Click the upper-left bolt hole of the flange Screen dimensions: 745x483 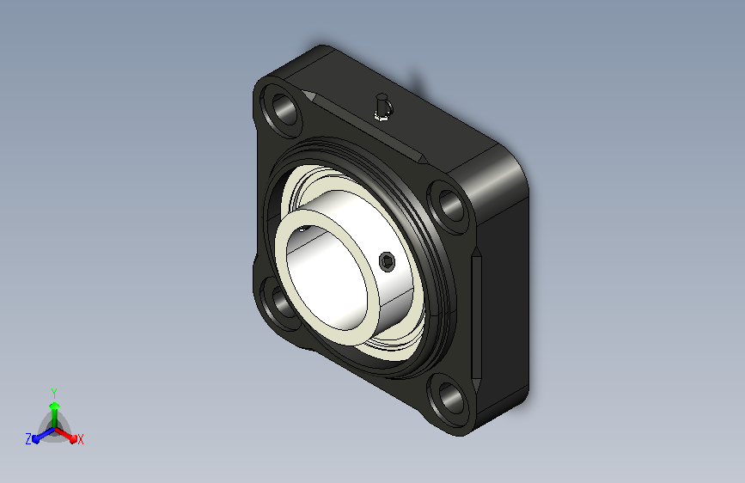point(284,109)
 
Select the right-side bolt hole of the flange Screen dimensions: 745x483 point(450,205)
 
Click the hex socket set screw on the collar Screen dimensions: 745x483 point(388,261)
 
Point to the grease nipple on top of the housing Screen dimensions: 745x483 point(382,108)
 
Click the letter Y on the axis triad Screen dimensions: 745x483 point(54,394)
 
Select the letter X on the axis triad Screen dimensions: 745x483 point(80,439)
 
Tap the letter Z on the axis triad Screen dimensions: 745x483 point(28,439)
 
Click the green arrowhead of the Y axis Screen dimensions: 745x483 point(55,406)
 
